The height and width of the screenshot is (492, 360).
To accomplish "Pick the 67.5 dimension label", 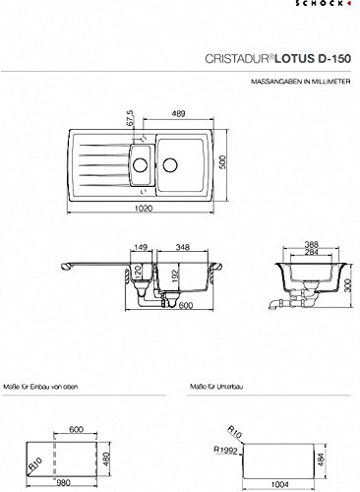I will coord(129,117).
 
